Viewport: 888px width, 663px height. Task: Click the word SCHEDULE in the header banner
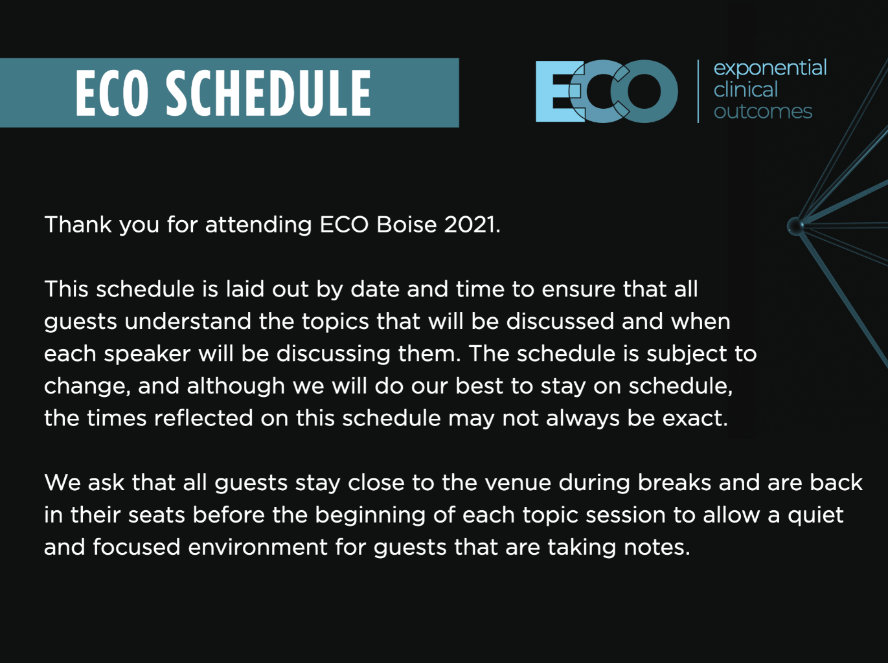[268, 93]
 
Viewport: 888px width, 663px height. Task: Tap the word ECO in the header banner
[112, 93]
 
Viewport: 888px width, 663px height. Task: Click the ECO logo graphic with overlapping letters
[606, 91]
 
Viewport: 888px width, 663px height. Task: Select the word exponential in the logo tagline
[770, 68]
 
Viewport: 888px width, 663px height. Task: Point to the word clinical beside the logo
[746, 89]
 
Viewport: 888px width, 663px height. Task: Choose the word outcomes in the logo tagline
[762, 111]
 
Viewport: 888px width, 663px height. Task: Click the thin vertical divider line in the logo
[698, 91]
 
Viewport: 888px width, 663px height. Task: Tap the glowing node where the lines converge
[795, 225]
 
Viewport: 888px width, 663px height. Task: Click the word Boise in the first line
[406, 225]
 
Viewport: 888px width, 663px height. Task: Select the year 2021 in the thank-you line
[472, 225]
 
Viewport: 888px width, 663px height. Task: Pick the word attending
[258, 225]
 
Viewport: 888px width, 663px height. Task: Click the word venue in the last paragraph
[518, 483]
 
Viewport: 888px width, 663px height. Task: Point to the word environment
[258, 548]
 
